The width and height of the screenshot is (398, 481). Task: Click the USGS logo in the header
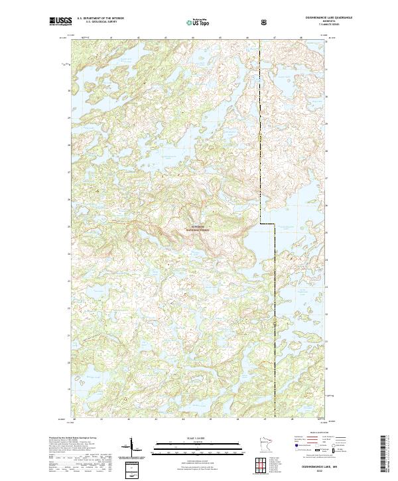tap(60, 23)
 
